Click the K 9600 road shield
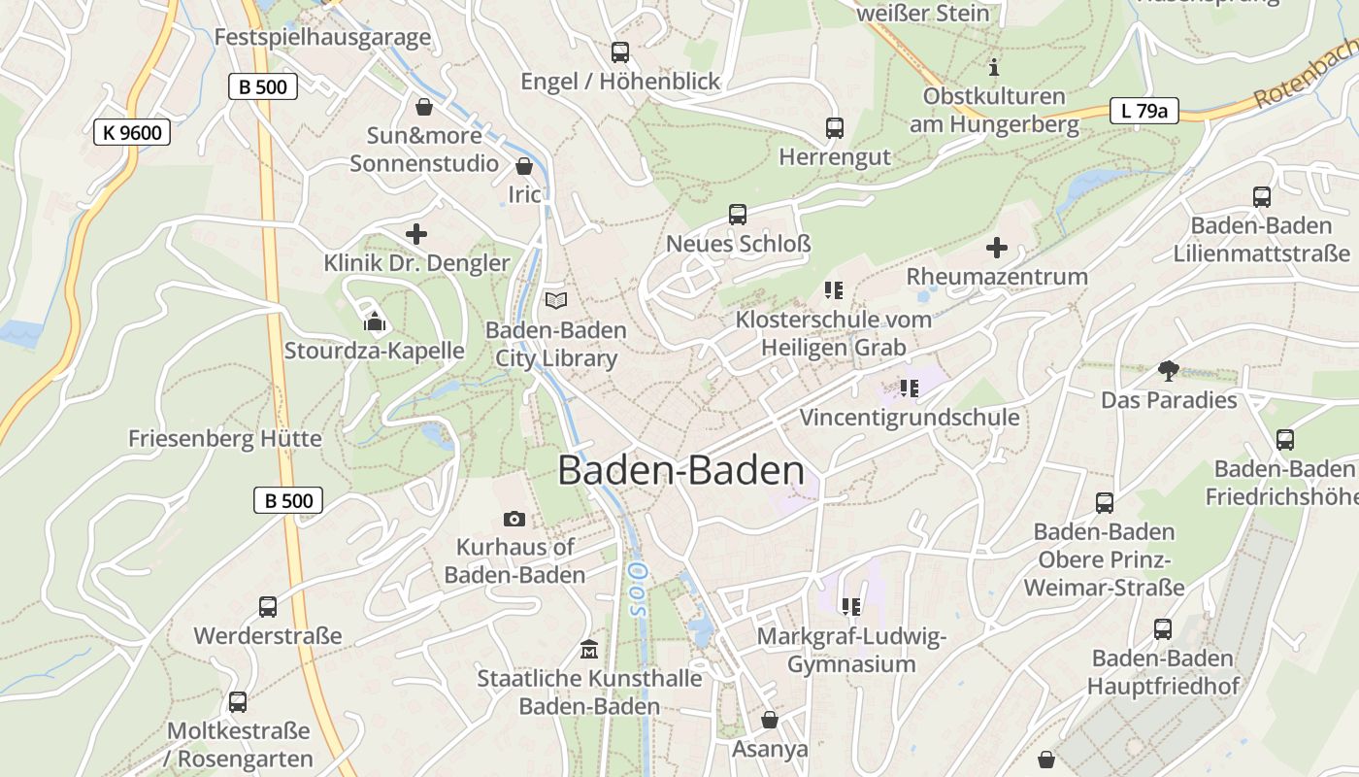coord(132,132)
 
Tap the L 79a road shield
coord(1144,111)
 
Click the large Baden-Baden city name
coord(680,471)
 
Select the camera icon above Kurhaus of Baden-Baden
coord(514,520)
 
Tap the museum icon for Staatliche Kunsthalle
coord(588,648)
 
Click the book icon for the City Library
coord(555,301)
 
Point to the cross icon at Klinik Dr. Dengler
coord(416,234)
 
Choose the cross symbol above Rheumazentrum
coord(997,248)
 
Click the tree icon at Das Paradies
coord(1169,370)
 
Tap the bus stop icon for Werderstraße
coord(268,607)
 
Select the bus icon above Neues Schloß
coord(738,215)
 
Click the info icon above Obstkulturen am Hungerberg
coord(993,67)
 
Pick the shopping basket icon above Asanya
coord(770,720)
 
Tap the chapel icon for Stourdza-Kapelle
coord(375,321)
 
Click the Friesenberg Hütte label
coord(225,439)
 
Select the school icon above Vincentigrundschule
coord(909,388)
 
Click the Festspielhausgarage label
coord(322,38)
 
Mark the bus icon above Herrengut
coord(835,127)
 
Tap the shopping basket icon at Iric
coord(524,166)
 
